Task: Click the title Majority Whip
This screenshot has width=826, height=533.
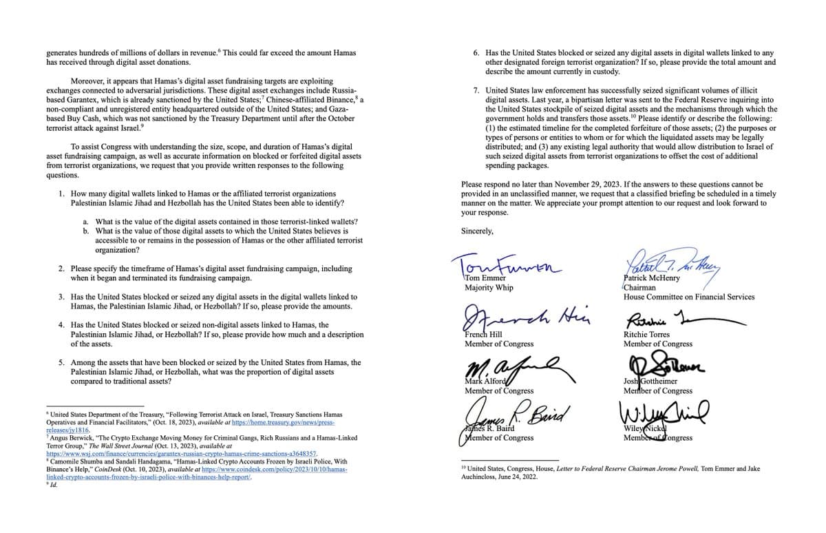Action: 489,288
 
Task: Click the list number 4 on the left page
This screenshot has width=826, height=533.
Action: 62,325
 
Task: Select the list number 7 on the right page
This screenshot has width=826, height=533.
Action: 477,90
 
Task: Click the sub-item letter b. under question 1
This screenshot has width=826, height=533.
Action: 85,231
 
